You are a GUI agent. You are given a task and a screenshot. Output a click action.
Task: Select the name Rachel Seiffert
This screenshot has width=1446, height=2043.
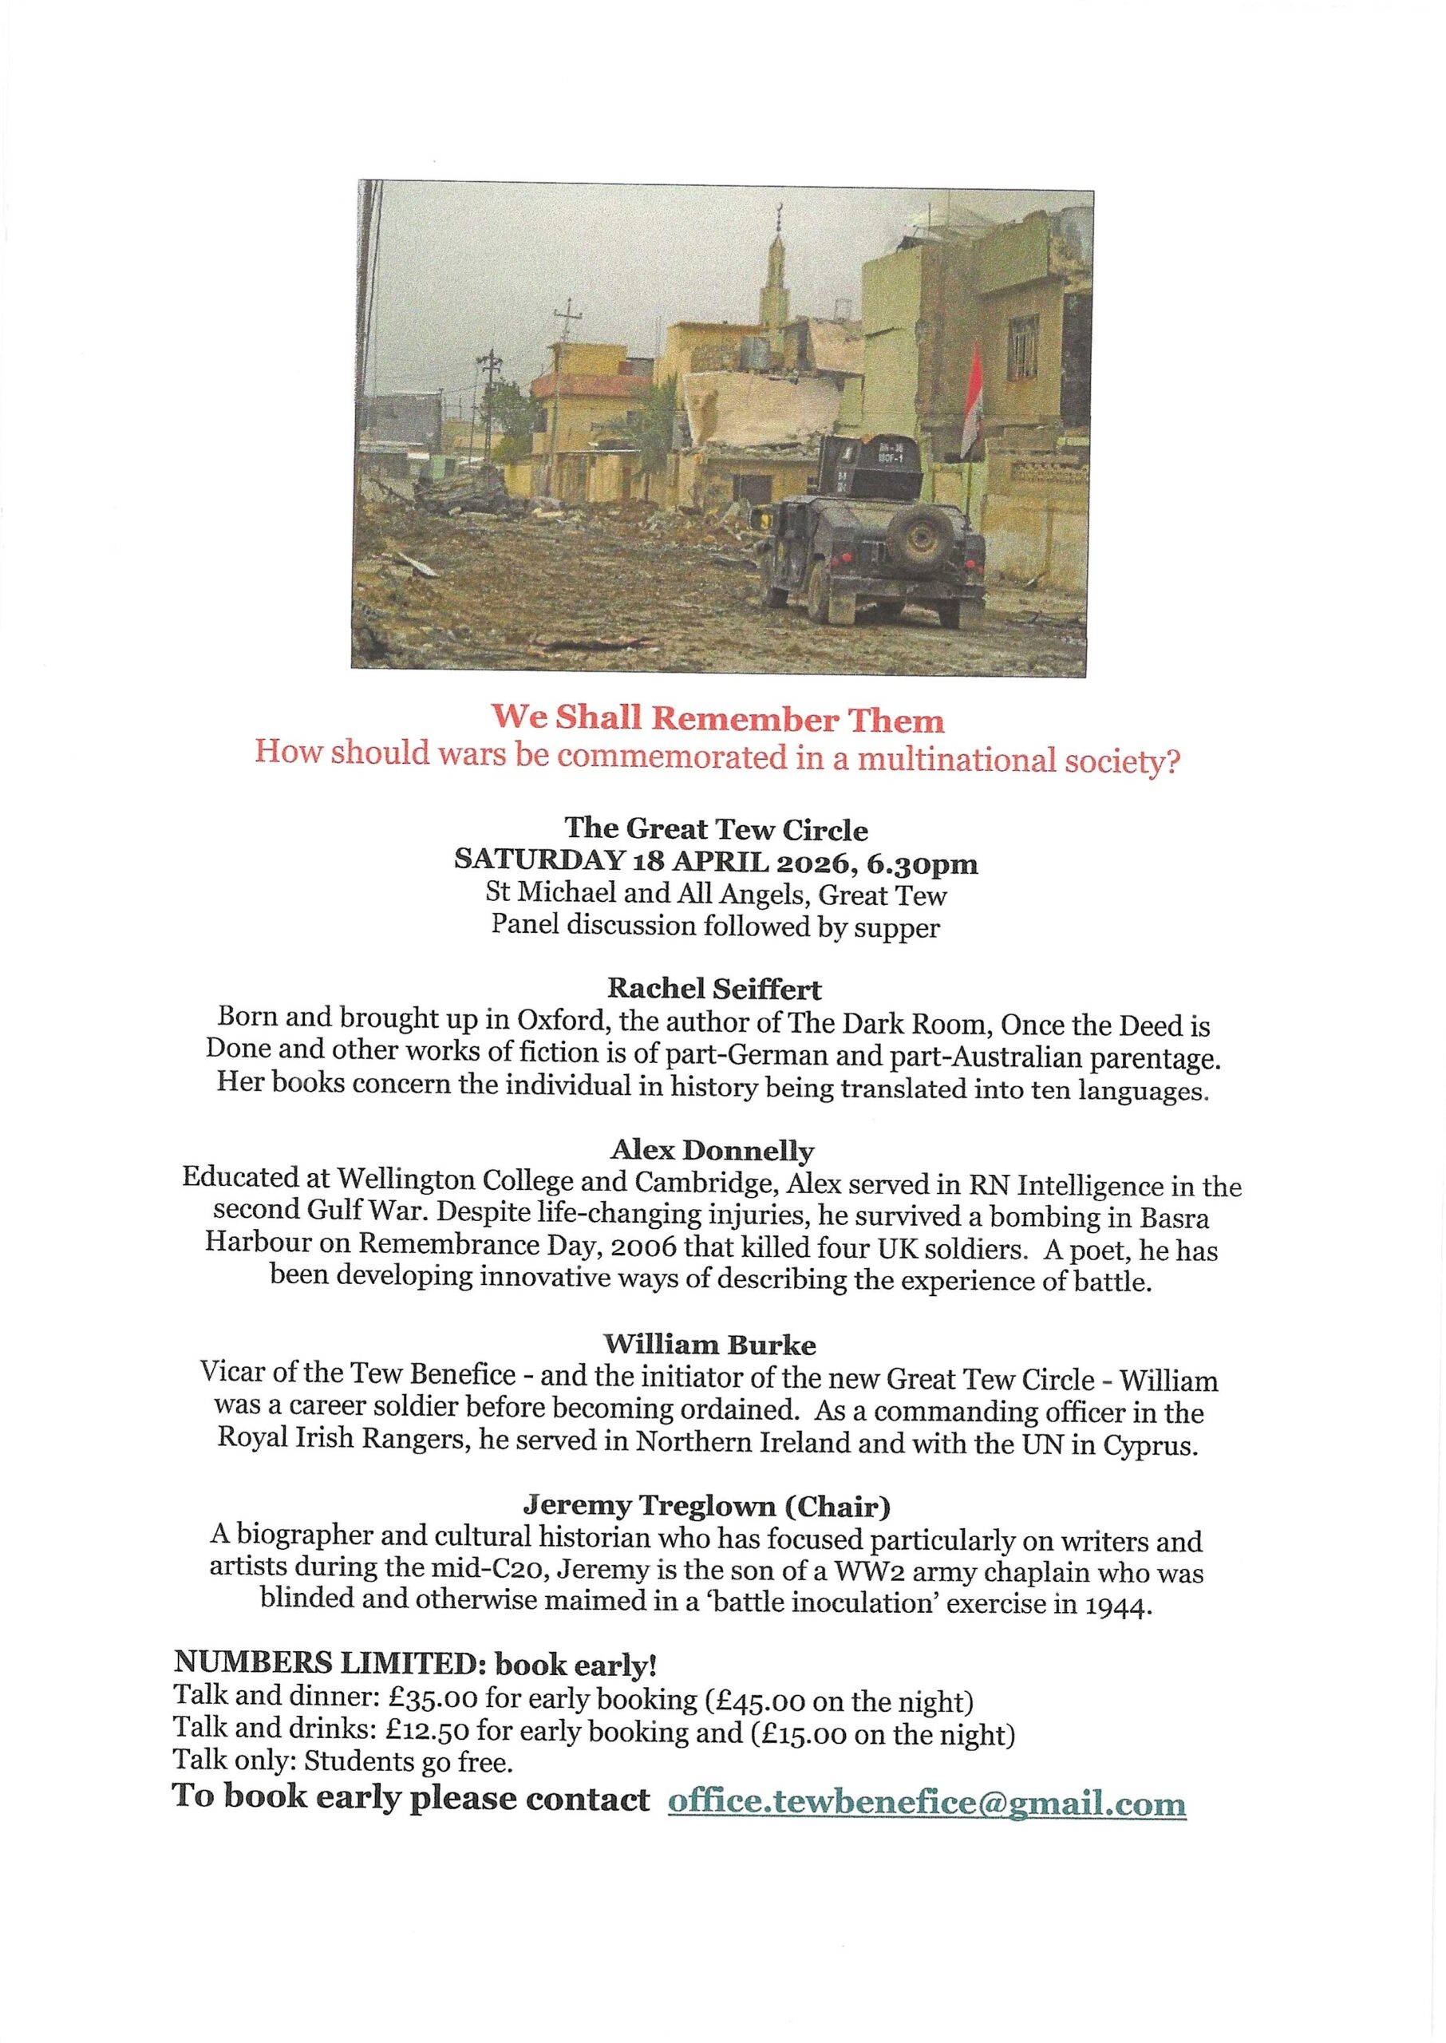(714, 988)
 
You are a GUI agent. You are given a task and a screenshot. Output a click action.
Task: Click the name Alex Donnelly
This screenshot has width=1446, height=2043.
(713, 1151)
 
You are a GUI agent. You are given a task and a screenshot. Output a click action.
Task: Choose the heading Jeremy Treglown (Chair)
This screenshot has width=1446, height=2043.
(706, 1505)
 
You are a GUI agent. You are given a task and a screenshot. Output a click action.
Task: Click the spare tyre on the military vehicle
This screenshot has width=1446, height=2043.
(916, 538)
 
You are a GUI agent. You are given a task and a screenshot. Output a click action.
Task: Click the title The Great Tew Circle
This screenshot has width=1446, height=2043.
(716, 830)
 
